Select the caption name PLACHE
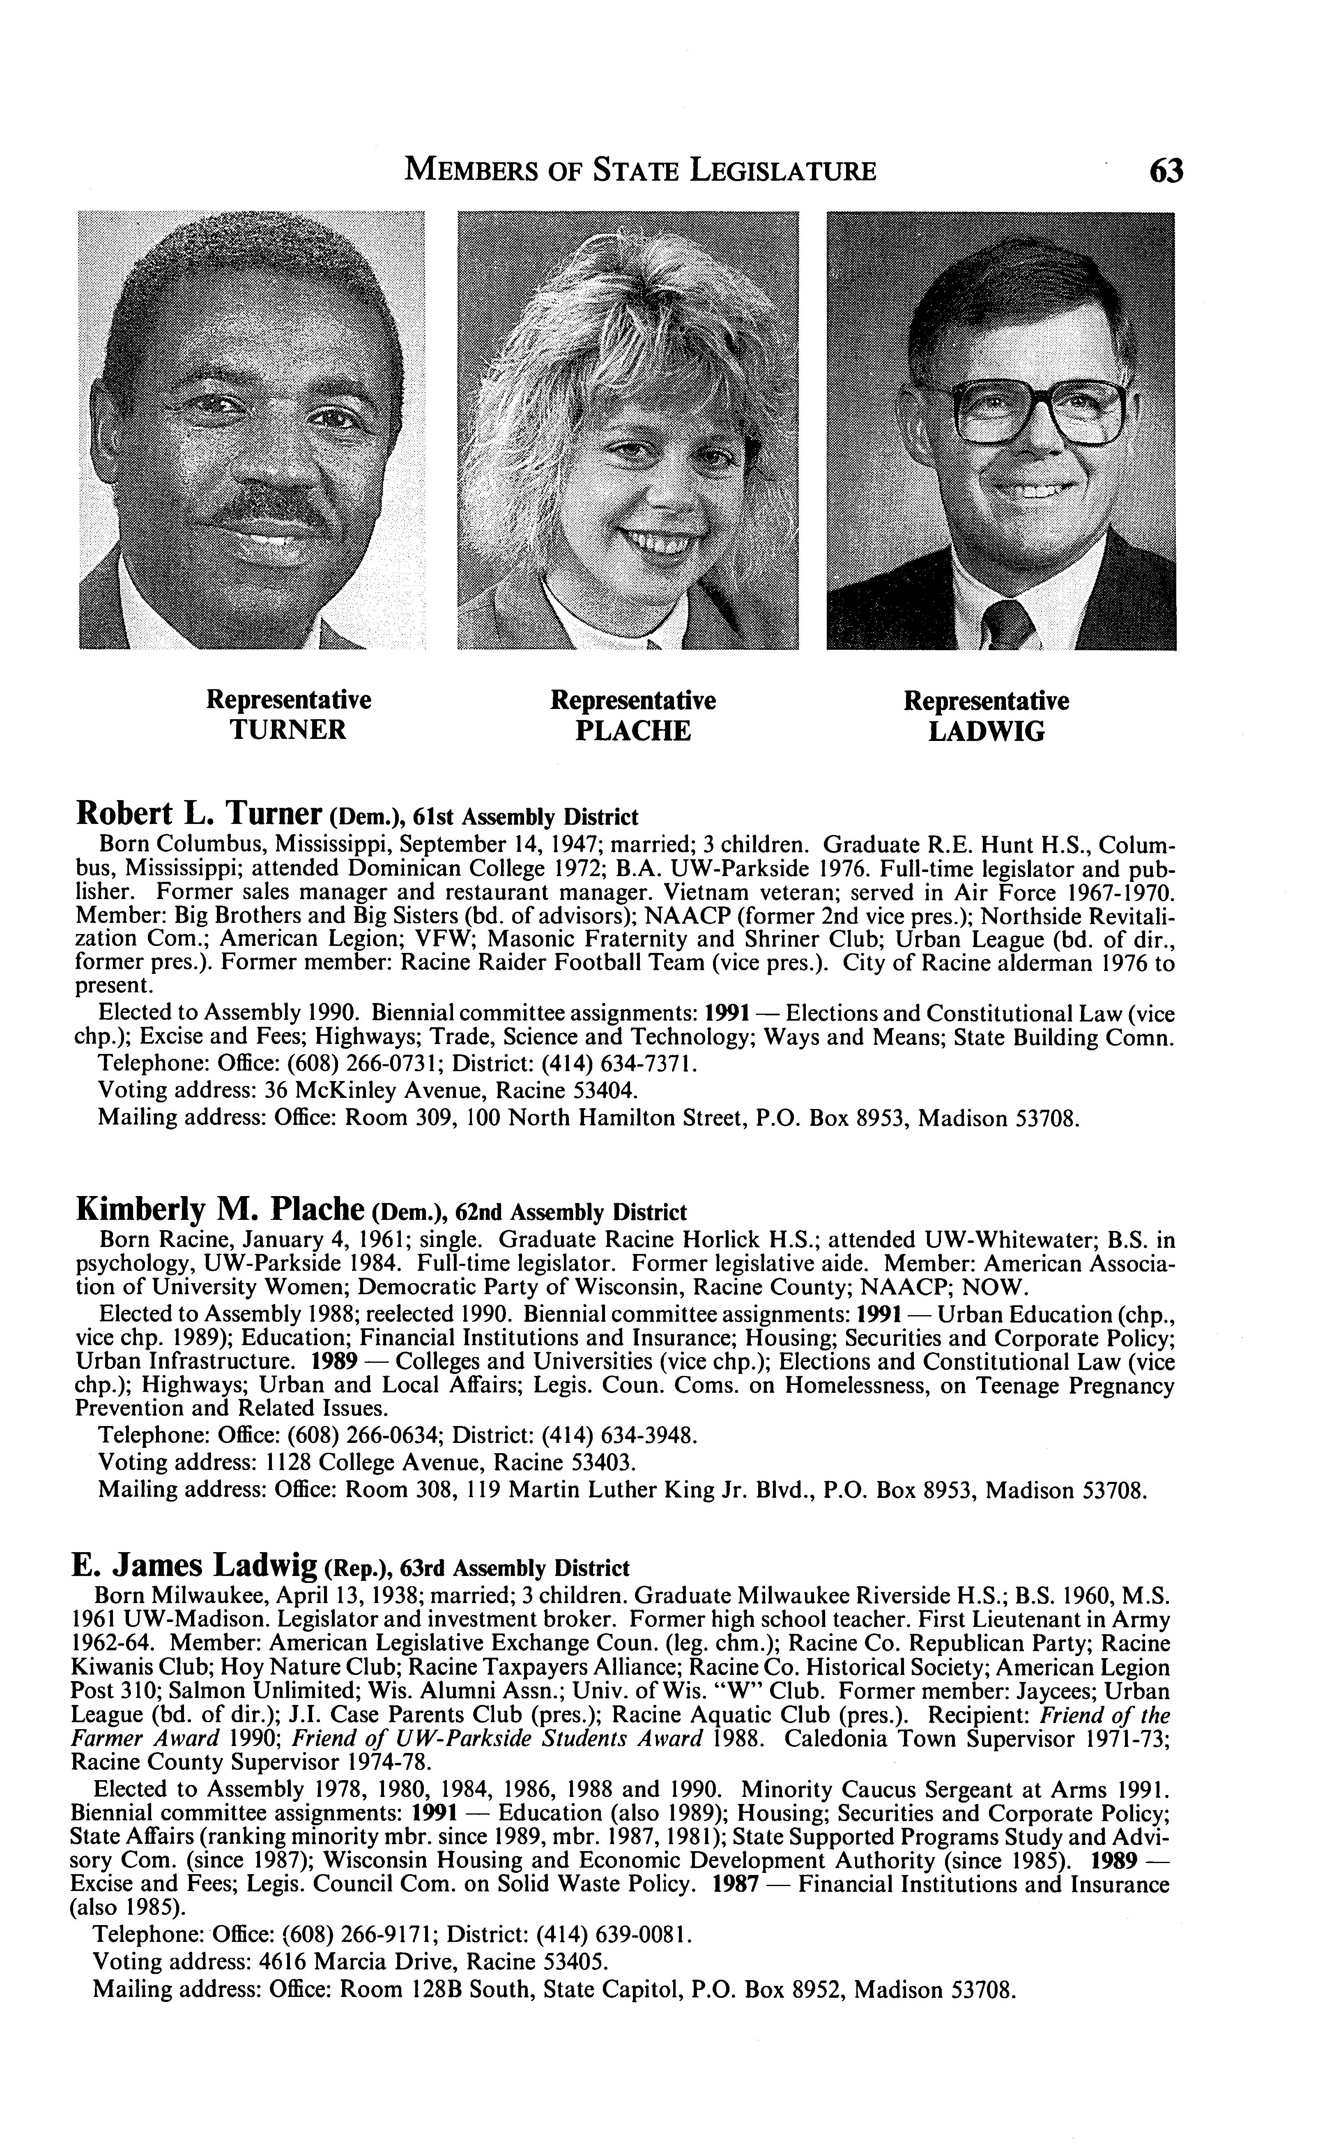click(x=632, y=731)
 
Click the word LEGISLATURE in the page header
click(x=782, y=170)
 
